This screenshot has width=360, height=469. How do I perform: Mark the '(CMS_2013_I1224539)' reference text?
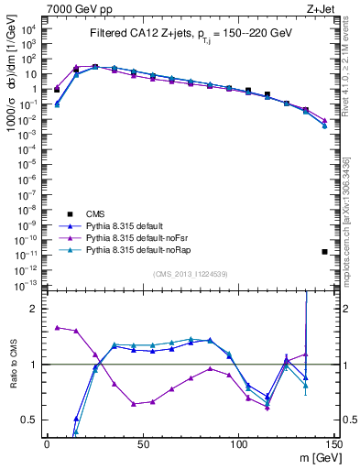[x=190, y=273]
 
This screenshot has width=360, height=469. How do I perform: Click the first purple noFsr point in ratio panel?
[x=57, y=327]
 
